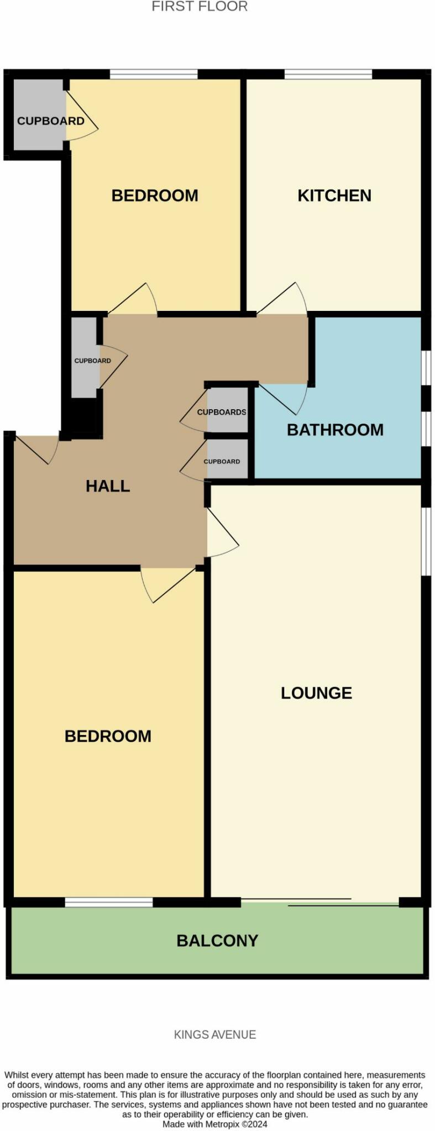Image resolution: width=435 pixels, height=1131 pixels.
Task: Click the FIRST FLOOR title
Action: click(200, 7)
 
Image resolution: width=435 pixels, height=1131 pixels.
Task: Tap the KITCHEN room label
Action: click(334, 195)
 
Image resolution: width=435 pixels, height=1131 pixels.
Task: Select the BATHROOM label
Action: click(335, 430)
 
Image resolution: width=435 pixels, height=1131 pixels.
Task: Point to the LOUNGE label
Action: click(316, 693)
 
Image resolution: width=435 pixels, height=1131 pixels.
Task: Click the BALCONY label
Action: click(217, 940)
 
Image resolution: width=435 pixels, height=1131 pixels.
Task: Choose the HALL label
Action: click(108, 486)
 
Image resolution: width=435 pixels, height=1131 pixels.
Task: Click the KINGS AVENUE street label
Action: click(215, 1034)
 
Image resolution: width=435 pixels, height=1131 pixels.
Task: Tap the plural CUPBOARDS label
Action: click(222, 412)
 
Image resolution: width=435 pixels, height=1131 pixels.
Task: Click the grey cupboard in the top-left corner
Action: click(38, 115)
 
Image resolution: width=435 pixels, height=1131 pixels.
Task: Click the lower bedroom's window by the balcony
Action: click(109, 902)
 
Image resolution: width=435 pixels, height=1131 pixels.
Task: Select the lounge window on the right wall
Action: click(425, 541)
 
